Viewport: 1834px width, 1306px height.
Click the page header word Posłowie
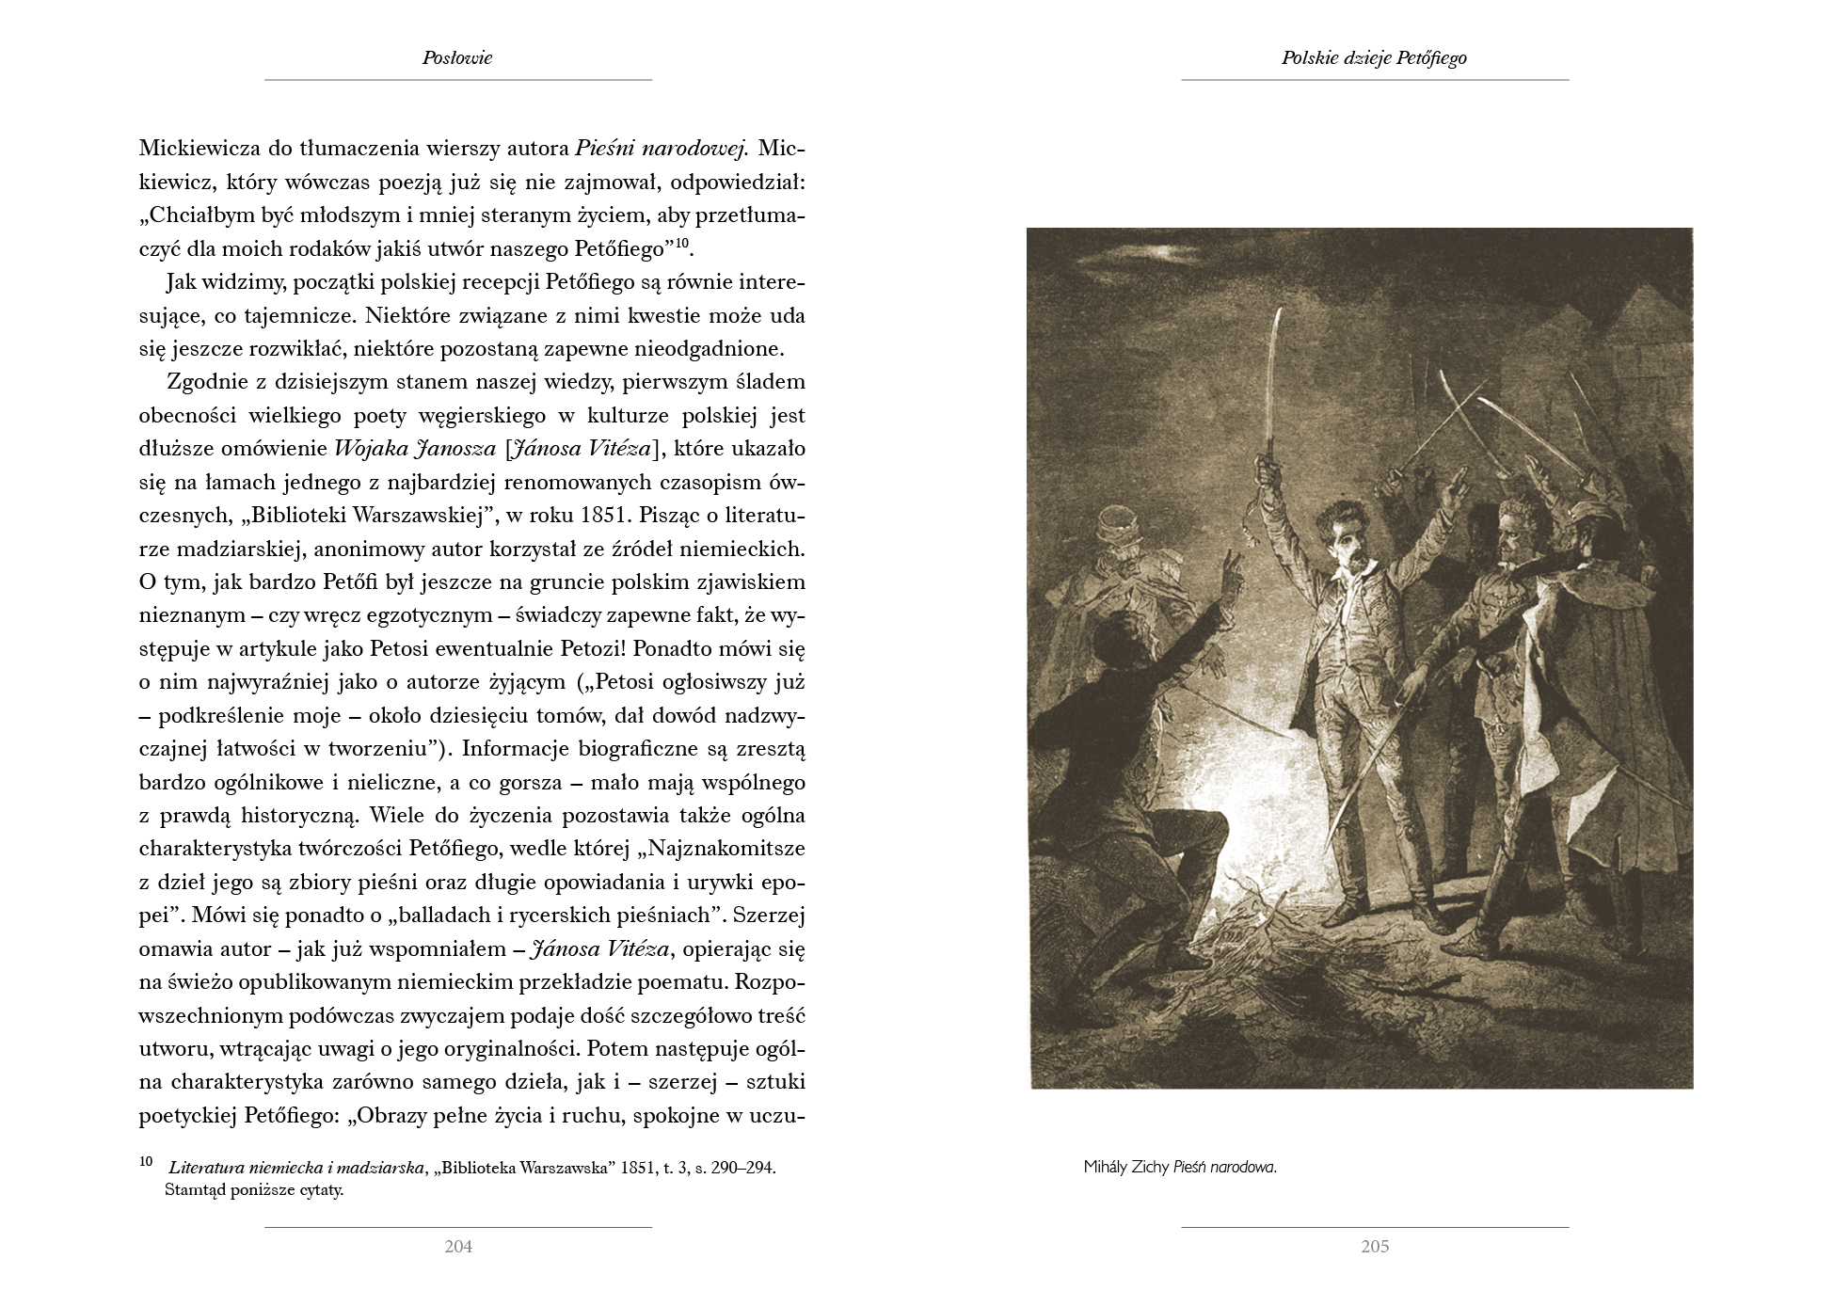click(x=457, y=57)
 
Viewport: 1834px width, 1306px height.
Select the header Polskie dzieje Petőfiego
click(x=1374, y=57)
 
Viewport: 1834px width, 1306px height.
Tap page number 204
click(x=458, y=1247)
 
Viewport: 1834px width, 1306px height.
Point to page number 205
click(x=1375, y=1247)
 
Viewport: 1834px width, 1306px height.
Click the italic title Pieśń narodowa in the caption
click(x=1225, y=1168)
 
